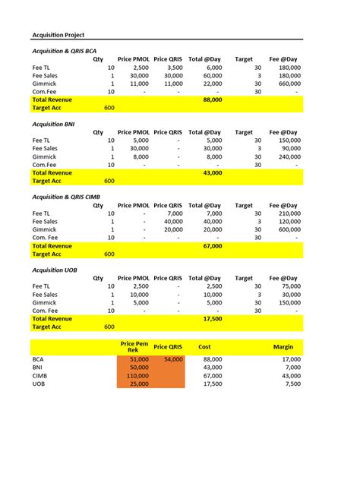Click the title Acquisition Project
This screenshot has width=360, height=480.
(58, 35)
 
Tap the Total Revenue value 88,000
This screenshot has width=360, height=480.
(212, 99)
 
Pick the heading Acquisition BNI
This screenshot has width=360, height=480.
(53, 123)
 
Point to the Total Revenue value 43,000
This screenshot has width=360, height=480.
(212, 172)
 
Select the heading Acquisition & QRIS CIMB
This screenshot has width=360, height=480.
(67, 196)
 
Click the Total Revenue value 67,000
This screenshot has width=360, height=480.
(212, 246)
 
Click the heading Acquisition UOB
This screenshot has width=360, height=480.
(54, 270)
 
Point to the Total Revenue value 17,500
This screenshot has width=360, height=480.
(212, 319)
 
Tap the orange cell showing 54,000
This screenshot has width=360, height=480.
(172, 358)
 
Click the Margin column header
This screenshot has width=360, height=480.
(283, 347)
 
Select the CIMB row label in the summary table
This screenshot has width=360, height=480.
(40, 375)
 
